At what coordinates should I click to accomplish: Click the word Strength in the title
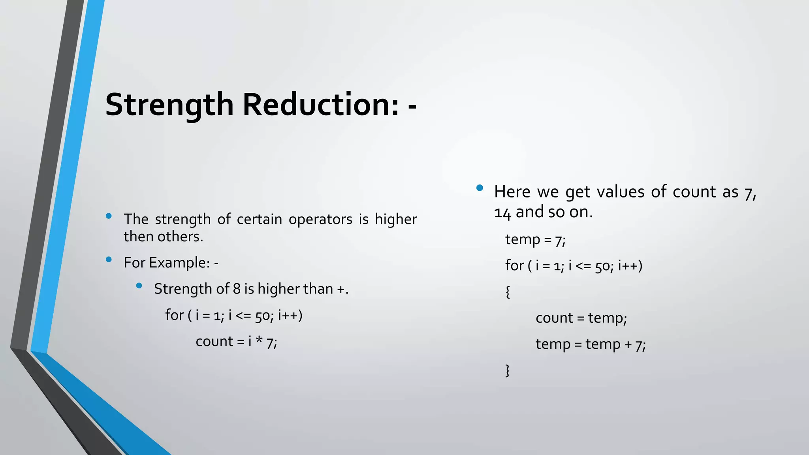[169, 105]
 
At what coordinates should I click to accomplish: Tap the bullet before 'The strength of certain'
[109, 216]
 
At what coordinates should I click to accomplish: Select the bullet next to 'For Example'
[109, 259]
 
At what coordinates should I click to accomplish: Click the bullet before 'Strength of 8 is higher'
[139, 286]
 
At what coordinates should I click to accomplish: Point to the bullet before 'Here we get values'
[480, 188]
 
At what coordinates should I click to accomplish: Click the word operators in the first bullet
[320, 219]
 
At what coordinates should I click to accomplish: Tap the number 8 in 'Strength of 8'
[237, 289]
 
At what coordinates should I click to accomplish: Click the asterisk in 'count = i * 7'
[259, 340]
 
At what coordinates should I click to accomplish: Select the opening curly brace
[508, 292]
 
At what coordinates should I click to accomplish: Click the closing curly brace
[508, 370]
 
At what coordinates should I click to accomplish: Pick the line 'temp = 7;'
[535, 240]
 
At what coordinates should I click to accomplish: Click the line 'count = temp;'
[581, 318]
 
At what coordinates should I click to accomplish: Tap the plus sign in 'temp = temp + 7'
[628, 344]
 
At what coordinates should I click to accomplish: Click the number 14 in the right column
[502, 213]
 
